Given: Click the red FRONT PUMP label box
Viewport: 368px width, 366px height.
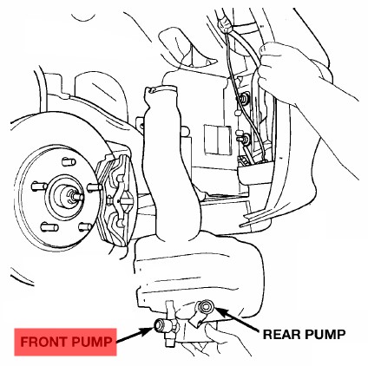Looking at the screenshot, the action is (65, 342).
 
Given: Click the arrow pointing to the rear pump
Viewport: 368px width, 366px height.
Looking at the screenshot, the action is (237, 319).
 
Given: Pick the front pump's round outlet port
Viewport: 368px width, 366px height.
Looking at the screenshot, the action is (159, 324).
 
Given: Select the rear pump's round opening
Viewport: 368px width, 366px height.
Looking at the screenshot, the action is (206, 306).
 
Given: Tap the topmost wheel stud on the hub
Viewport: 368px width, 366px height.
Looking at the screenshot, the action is (69, 161).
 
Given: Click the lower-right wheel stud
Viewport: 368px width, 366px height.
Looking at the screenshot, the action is (85, 226).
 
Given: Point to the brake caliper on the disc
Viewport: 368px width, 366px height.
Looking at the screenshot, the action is (116, 200).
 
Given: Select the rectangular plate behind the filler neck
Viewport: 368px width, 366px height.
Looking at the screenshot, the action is (218, 140).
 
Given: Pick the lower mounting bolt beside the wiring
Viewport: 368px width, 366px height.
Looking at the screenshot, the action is (244, 138).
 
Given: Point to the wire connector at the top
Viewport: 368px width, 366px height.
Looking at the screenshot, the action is (224, 23).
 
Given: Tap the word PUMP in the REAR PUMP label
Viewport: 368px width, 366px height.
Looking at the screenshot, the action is (326, 334).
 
